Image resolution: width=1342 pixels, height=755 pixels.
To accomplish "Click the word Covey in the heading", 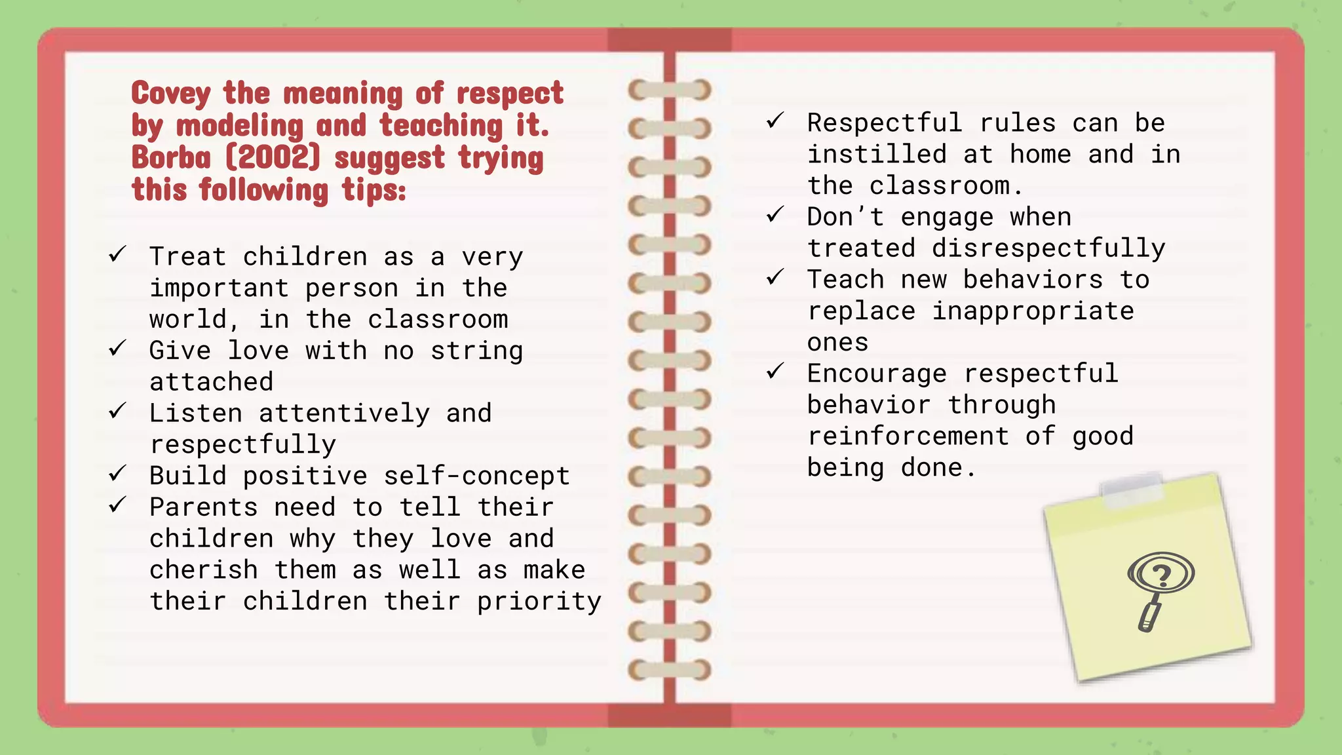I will coord(171,94).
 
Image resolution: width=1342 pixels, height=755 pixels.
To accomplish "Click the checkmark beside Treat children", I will coord(117,254).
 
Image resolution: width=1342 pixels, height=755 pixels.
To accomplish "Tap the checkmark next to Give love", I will coord(117,348).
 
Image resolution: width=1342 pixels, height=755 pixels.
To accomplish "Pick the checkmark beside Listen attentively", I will coord(117,411).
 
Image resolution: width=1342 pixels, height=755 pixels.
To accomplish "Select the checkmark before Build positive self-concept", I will coord(117,473).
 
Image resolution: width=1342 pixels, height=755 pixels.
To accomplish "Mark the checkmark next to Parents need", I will coord(117,505).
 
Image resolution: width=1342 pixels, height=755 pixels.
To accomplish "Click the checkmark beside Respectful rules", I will coord(775,121).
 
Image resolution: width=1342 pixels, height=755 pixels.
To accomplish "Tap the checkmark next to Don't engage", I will coord(775,214).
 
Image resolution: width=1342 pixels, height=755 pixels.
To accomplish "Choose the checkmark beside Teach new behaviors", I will coord(775,277).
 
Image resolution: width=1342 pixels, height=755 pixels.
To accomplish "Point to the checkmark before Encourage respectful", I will coord(775,372).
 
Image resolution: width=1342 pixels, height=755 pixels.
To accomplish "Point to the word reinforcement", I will coord(908,436).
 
